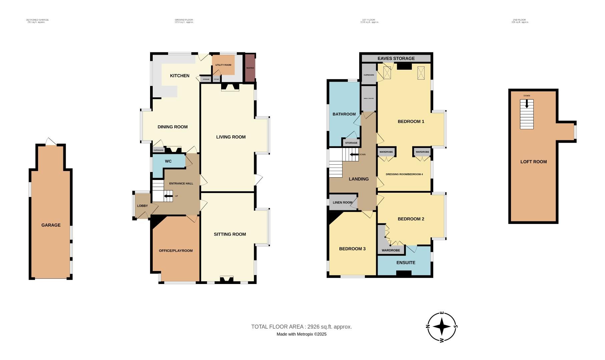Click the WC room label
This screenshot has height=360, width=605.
click(x=168, y=161)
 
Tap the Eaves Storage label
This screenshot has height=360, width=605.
click(x=396, y=58)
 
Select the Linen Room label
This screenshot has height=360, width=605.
click(x=343, y=202)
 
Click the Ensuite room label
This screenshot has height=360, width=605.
click(x=406, y=263)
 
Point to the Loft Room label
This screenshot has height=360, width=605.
click(x=533, y=162)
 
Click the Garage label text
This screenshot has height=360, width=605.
click(x=51, y=225)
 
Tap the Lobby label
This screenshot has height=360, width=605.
click(x=142, y=206)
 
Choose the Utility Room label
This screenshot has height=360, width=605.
click(x=223, y=65)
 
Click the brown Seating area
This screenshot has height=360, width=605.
click(x=250, y=68)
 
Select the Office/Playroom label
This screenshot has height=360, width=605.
click(x=175, y=251)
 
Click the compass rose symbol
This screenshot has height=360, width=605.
click(x=442, y=327)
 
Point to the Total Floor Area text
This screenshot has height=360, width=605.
click(x=301, y=327)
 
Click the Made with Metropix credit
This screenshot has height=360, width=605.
click(x=301, y=334)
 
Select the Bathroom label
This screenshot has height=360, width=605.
click(x=344, y=114)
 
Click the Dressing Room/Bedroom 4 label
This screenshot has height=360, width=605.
click(x=404, y=174)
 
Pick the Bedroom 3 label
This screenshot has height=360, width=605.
click(x=352, y=249)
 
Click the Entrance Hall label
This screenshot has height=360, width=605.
click(x=181, y=184)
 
